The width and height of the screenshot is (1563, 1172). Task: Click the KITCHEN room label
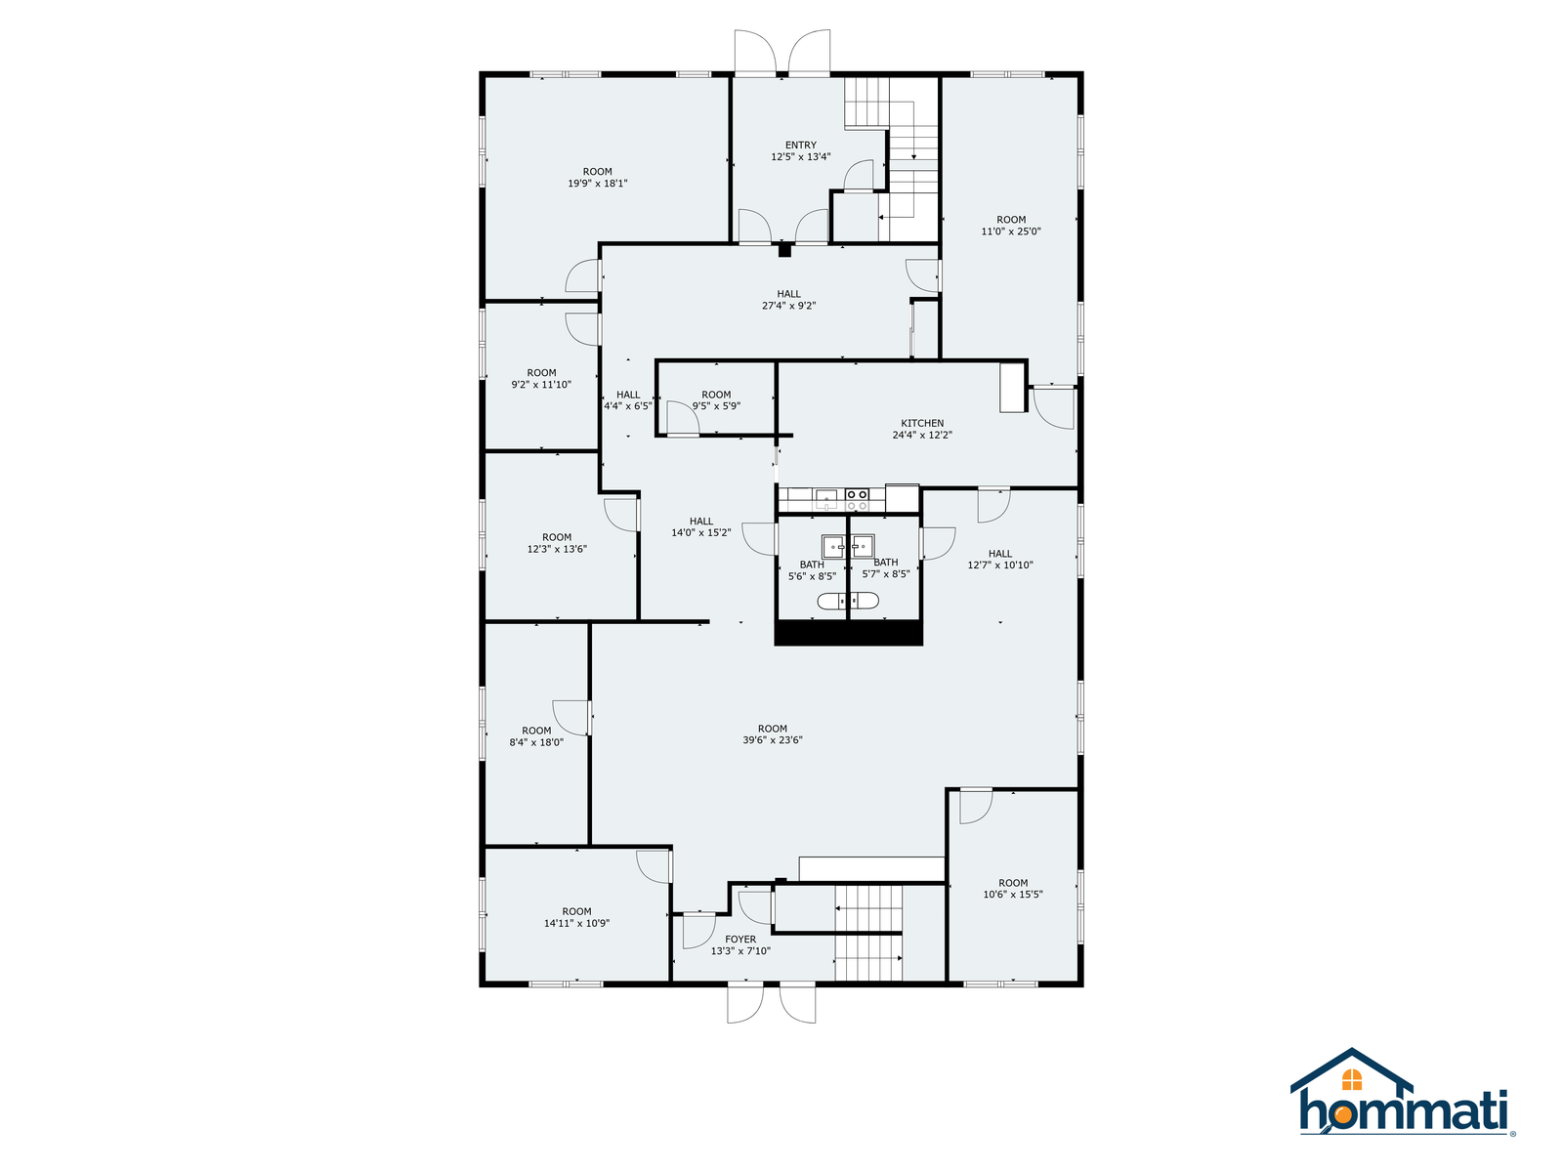921,423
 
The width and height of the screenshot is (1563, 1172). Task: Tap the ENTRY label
800,146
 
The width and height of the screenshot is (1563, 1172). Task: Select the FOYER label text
740,940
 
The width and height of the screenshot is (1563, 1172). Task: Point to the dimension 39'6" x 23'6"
772,740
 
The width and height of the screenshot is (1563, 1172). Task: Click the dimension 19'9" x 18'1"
597,183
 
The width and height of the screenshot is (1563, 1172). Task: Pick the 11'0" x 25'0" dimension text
1010,231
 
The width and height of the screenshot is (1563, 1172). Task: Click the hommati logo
1402,1092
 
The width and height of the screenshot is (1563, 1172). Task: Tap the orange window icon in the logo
1351,1079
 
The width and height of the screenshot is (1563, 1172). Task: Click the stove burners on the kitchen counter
857,499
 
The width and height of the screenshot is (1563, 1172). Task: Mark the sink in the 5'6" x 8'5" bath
833,547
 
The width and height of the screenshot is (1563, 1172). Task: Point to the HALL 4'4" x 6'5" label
627,400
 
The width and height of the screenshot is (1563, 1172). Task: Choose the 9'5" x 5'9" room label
716,400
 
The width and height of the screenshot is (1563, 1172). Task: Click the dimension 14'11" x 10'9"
576,924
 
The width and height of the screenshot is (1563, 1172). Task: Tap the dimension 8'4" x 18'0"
535,742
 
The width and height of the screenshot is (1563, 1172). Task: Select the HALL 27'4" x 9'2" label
788,300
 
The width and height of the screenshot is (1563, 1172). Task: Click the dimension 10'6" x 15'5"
1013,895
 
